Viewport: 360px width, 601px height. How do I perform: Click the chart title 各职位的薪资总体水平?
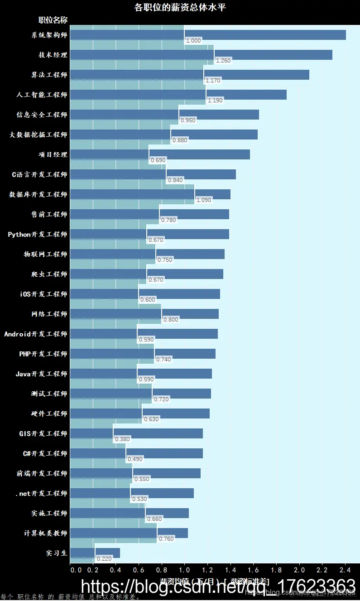point(180,7)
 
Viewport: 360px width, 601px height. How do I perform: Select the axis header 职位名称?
point(53,20)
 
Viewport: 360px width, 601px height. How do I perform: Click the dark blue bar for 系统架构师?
point(208,35)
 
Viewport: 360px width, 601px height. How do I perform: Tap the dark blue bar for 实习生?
point(96,553)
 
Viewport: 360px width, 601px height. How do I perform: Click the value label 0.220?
point(104,559)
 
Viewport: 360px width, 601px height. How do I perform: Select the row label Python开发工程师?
point(38,235)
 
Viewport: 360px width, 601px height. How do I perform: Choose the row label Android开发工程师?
point(36,334)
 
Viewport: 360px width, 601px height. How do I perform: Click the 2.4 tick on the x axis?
point(345,570)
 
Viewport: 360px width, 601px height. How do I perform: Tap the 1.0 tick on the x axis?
point(185,570)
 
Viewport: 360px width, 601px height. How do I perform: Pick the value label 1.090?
point(203,200)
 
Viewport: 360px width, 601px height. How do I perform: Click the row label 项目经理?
point(53,155)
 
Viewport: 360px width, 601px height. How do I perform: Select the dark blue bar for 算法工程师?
point(190,75)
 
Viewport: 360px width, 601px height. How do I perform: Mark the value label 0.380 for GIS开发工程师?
point(122,439)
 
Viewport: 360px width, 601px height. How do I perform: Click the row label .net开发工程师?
point(41,494)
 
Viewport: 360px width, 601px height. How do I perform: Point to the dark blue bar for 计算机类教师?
point(130,533)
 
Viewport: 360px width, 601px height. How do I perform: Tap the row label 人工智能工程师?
point(42,95)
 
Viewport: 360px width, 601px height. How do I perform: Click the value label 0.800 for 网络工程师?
point(171,320)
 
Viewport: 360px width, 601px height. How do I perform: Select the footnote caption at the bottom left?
point(70,597)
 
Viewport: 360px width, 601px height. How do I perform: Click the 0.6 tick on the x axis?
point(139,570)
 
